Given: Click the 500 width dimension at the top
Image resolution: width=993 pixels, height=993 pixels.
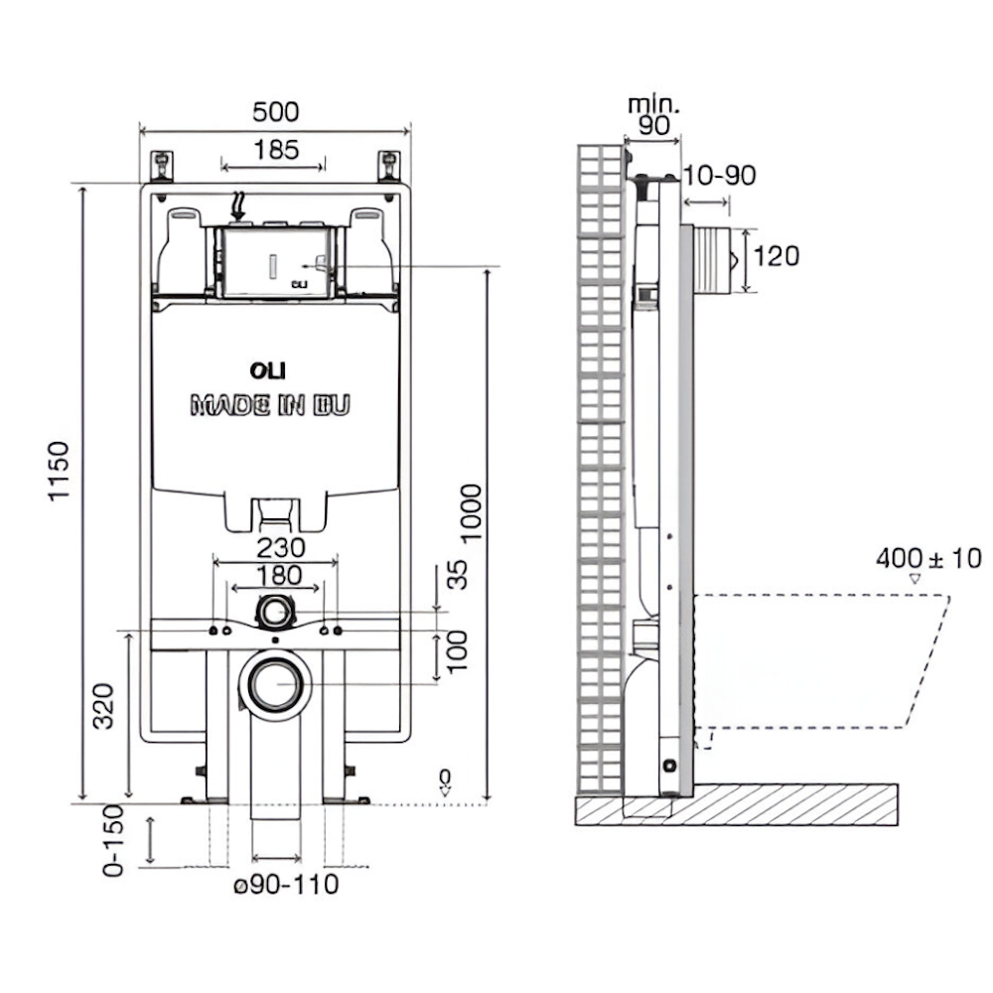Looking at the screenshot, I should pyautogui.click(x=275, y=112).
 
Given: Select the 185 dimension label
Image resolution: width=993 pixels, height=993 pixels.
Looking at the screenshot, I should pyautogui.click(x=275, y=150).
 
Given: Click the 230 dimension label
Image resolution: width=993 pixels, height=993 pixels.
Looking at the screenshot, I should pyautogui.click(x=276, y=547).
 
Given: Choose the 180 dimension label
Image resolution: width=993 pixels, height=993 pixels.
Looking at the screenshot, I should pyautogui.click(x=276, y=575).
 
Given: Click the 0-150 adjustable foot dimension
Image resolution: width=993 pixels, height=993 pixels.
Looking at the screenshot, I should pyautogui.click(x=117, y=840).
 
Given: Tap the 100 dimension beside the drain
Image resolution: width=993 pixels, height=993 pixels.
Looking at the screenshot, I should pyautogui.click(x=458, y=650).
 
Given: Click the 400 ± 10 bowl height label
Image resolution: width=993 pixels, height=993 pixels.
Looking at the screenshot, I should pyautogui.click(x=927, y=559).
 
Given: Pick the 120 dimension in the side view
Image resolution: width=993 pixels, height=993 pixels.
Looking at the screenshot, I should pyautogui.click(x=776, y=256).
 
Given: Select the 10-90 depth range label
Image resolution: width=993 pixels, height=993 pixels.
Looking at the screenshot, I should pyautogui.click(x=721, y=177).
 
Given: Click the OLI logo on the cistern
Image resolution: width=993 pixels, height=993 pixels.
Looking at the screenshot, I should pyautogui.click(x=267, y=370).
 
